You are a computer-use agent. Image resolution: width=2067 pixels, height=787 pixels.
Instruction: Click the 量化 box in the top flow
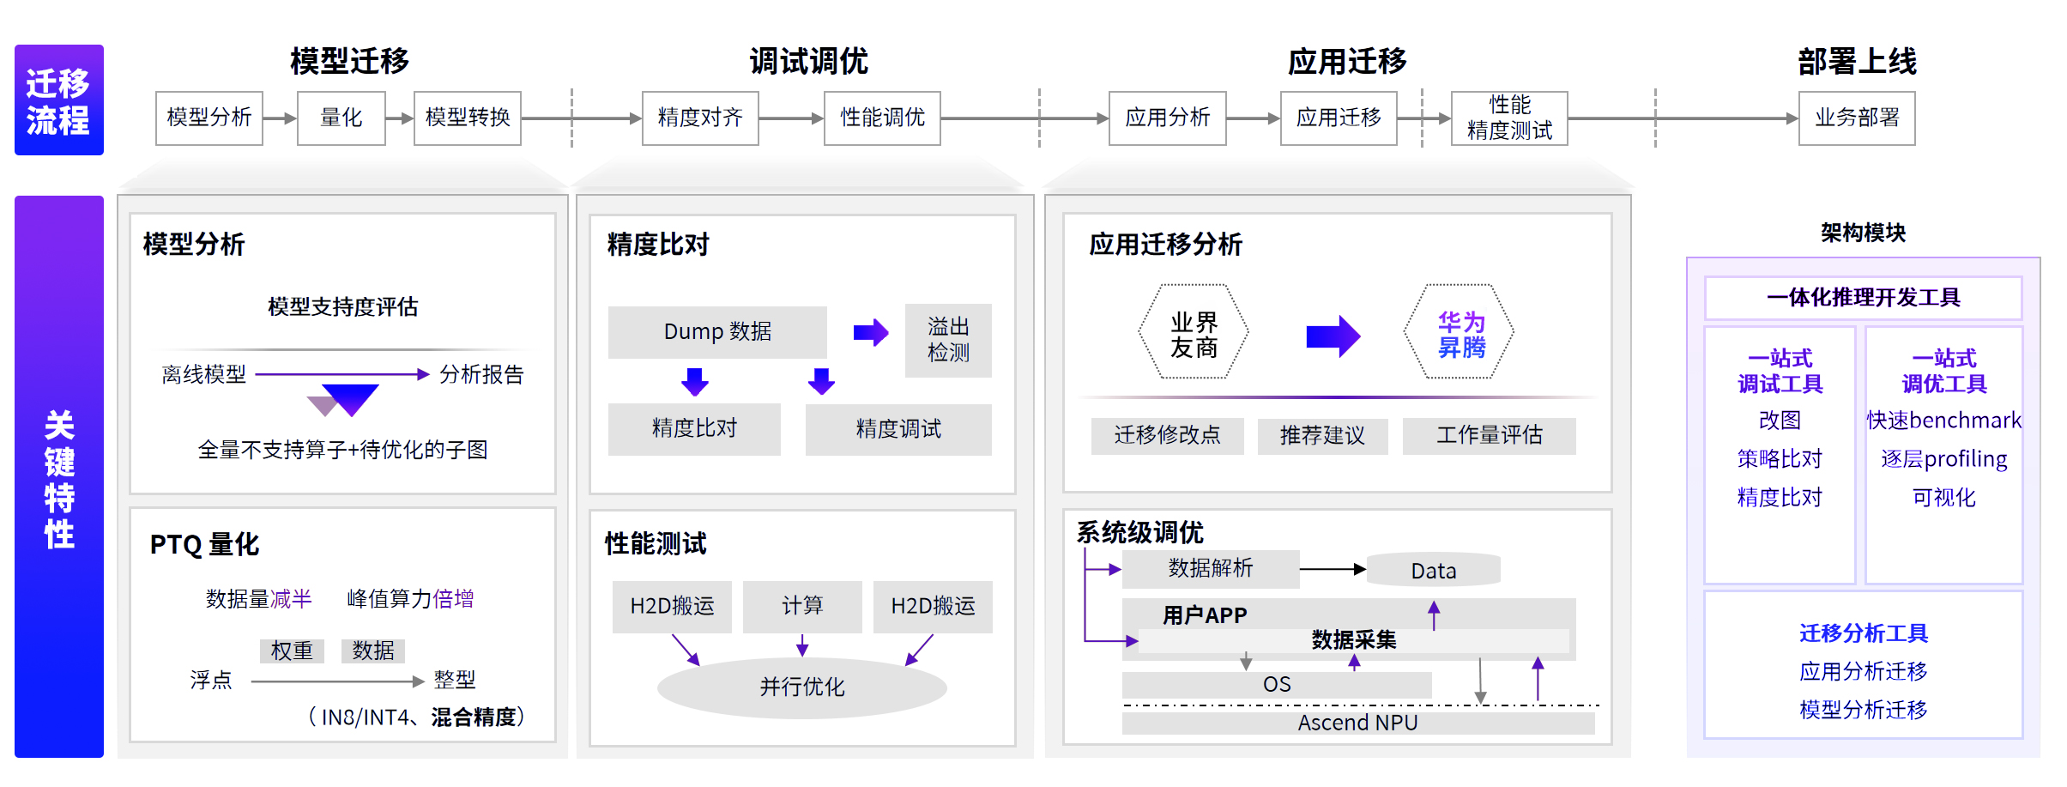point(341,118)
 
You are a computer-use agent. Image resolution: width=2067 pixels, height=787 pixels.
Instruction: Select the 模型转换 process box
point(467,118)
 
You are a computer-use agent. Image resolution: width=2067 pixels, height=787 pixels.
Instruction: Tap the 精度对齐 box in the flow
point(699,118)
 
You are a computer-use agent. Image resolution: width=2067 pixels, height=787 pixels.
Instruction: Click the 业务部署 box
point(1856,118)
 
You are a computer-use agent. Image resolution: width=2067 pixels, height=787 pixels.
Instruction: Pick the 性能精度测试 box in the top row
point(1508,118)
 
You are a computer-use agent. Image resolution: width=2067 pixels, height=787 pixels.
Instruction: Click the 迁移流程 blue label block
point(58,100)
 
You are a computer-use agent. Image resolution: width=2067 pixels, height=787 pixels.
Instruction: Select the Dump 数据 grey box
point(716,331)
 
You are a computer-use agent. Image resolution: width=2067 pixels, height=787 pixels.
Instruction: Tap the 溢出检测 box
point(947,340)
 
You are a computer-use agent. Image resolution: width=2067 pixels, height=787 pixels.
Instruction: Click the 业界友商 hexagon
point(1193,333)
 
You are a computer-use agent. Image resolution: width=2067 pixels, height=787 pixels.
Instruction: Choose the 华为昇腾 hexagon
point(1460,333)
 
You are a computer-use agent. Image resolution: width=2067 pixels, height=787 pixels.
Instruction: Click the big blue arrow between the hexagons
point(1332,336)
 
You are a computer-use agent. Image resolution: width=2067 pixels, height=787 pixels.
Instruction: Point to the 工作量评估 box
point(1489,435)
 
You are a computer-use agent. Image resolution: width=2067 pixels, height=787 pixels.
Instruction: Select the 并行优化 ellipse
point(801,687)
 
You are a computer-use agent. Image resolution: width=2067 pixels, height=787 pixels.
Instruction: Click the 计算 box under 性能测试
point(801,606)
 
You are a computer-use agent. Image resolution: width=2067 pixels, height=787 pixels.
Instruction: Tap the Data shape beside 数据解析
point(1433,570)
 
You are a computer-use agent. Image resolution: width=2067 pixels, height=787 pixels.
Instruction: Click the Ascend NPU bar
point(1357,723)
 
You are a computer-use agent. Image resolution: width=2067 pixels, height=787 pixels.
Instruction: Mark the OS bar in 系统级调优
point(1276,684)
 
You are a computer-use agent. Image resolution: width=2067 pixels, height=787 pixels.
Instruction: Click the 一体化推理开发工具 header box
point(1863,298)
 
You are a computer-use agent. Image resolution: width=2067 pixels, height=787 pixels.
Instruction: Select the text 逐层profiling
point(1943,459)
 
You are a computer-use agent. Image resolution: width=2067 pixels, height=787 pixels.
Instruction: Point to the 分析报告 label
point(480,374)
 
